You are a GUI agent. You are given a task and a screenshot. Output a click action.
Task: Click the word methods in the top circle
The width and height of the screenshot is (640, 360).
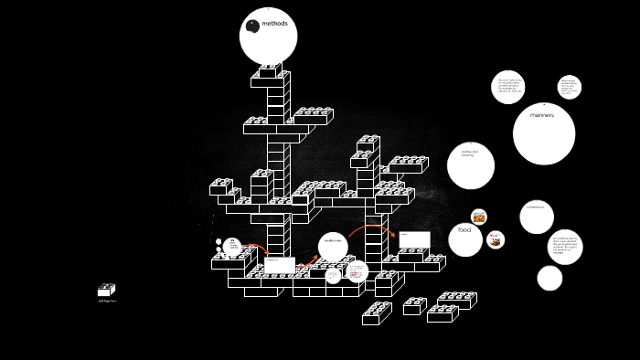coord(275,24)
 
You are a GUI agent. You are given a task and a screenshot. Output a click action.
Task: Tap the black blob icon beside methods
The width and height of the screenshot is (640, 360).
coord(253,26)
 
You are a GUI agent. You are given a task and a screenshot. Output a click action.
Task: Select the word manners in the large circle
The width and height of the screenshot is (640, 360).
coord(542,115)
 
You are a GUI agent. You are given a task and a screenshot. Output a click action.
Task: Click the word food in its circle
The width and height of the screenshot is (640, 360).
coord(464,229)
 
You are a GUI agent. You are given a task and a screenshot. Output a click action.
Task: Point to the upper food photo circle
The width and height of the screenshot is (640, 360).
coord(478,217)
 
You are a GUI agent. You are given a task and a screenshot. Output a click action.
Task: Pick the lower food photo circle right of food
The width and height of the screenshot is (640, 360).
coord(495,239)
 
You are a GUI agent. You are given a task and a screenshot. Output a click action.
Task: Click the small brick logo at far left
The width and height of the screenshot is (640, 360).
coord(106,290)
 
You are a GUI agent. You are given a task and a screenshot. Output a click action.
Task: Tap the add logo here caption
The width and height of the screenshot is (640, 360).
coord(107,301)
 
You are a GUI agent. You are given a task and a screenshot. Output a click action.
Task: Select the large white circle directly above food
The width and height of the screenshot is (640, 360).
coord(471,165)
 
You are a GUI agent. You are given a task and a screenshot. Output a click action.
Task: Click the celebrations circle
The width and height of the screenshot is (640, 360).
coord(537,217)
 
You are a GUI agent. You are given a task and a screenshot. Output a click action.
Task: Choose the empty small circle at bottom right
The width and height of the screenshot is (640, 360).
coord(549,278)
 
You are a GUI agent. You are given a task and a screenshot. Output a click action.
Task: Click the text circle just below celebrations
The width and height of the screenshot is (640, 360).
coord(564,247)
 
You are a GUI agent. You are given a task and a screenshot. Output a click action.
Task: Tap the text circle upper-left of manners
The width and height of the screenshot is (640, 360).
coord(508,87)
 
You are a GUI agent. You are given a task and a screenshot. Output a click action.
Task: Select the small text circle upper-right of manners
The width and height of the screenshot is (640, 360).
coord(569,87)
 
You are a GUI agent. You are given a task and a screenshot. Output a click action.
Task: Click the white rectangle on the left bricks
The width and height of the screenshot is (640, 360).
coord(280,265)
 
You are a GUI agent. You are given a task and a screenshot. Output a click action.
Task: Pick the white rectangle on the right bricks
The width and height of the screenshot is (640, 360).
coord(414,239)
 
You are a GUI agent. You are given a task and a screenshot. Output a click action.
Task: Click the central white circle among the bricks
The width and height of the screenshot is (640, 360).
coord(333,247)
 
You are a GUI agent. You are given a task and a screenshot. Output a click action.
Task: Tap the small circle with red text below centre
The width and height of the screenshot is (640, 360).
coord(357,271)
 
